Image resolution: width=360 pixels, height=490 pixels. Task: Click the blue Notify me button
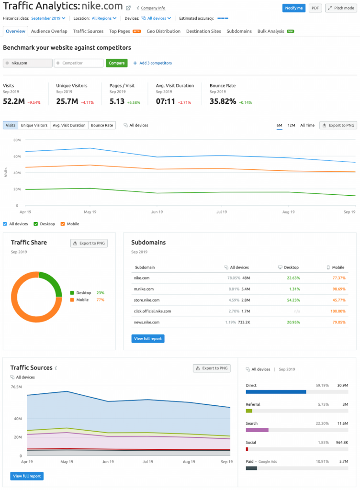[x=293, y=8]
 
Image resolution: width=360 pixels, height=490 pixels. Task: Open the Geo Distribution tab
[x=163, y=31]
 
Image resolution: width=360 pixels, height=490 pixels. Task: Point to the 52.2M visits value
[x=13, y=101]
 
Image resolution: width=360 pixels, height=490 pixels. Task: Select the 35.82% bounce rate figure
[x=223, y=101]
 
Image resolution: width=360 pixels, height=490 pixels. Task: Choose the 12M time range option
[x=291, y=125]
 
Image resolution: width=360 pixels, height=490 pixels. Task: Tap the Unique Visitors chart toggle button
[x=34, y=125]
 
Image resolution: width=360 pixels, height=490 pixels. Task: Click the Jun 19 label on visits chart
[x=157, y=212]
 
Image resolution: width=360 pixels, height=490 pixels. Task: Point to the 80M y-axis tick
[x=17, y=140]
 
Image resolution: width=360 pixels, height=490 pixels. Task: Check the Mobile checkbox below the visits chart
[x=63, y=224]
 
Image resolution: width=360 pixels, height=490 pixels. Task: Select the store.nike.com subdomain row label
[x=146, y=300]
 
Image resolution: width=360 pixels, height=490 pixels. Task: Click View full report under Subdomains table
[x=147, y=338]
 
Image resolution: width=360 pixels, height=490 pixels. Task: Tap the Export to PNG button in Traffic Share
[x=89, y=243]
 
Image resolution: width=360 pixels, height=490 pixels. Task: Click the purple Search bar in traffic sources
[x=257, y=430]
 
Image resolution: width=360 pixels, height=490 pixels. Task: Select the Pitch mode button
[x=341, y=8]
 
